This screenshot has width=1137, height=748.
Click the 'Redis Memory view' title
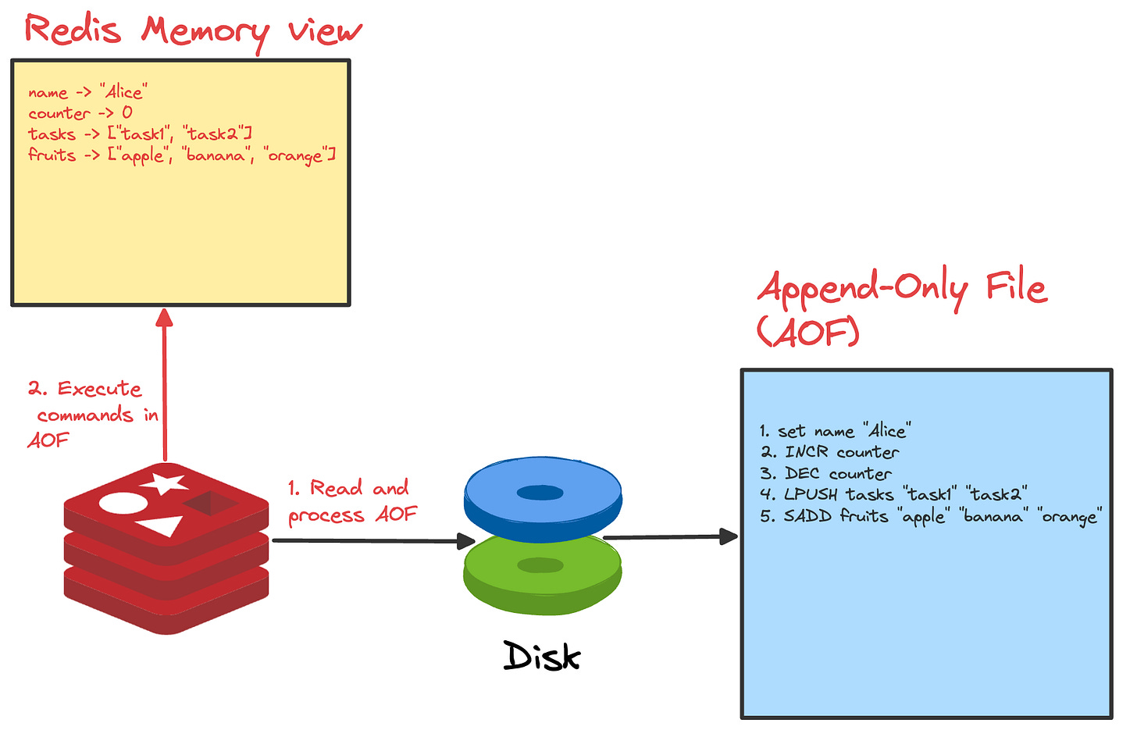194,31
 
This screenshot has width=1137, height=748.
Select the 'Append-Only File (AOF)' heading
902,308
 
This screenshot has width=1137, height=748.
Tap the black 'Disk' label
542,656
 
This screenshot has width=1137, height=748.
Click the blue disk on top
543,499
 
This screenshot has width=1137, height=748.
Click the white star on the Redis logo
163,483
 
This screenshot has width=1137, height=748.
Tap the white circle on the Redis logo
123,504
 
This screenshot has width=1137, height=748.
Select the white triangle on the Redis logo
162,525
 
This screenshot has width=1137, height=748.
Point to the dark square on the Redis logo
210,502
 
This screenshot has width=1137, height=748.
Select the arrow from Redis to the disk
373,541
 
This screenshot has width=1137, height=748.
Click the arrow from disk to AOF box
670,536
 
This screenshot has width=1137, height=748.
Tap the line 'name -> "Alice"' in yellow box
87,92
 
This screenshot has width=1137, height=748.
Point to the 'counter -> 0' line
80,112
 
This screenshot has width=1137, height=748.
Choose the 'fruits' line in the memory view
182,155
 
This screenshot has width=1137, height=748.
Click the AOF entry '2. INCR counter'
829,451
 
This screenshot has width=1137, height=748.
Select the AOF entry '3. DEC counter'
826,473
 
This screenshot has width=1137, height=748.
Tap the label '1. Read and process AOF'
352,501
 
